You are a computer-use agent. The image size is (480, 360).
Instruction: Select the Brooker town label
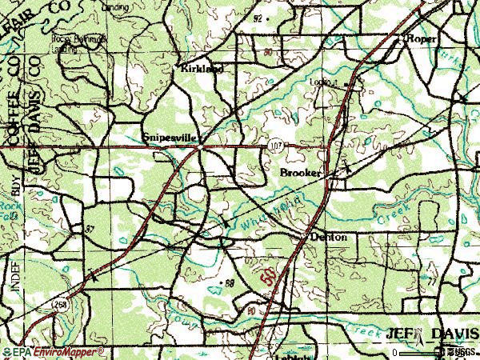tap(301, 173)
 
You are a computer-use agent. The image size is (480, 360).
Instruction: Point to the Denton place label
tap(328, 238)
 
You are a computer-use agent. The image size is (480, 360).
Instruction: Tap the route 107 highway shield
tap(276, 146)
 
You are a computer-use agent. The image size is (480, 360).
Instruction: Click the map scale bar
tap(420, 352)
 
